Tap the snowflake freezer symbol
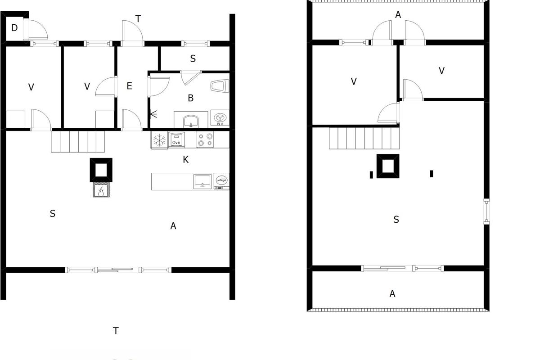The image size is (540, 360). (x=159, y=140)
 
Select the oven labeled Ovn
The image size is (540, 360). (x=176, y=139)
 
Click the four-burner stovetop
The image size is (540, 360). (x=205, y=139)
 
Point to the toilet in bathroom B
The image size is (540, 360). (x=220, y=85)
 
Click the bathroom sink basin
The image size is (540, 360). (x=191, y=121)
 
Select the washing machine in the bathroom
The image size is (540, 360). (x=220, y=117)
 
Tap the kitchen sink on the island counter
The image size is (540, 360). (x=202, y=181)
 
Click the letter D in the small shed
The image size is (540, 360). (x=14, y=28)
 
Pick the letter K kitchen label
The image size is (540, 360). (x=185, y=160)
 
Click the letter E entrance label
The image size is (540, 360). (x=130, y=86)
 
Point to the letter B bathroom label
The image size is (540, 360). (x=191, y=98)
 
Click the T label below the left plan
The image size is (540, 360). (x=116, y=331)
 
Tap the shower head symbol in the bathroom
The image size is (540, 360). (x=153, y=114)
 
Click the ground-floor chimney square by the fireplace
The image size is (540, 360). (x=101, y=170)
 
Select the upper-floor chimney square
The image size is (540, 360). (x=388, y=166)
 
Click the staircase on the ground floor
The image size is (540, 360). (x=78, y=142)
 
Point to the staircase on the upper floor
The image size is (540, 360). (x=364, y=138)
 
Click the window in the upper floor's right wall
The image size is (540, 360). (x=487, y=211)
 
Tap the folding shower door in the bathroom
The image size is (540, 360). (x=191, y=78)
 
